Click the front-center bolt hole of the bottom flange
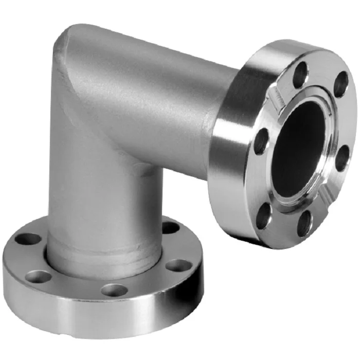114,290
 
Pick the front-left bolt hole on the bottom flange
39,277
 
